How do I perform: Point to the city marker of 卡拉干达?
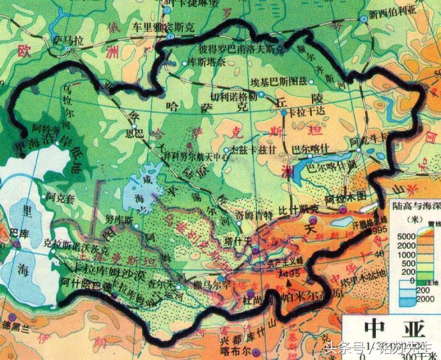[x=283, y=113]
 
